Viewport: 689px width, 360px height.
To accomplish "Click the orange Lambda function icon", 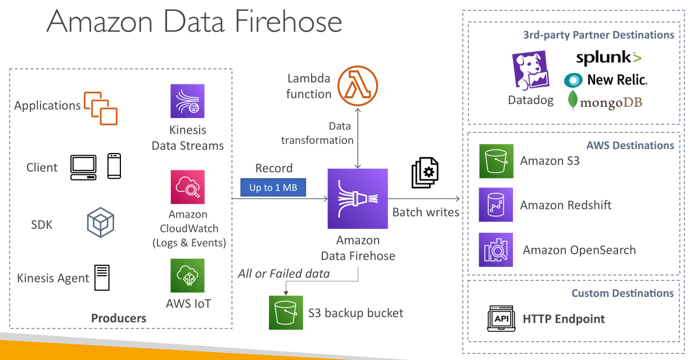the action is click(357, 86).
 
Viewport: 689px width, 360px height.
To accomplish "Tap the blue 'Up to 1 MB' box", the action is click(273, 187).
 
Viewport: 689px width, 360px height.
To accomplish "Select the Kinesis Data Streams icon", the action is click(188, 101).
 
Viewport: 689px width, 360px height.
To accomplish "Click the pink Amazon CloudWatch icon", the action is click(188, 187).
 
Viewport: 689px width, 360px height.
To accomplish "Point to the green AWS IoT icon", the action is click(188, 276).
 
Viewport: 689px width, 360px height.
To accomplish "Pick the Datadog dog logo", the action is click(531, 70).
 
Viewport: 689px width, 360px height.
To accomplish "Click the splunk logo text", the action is click(609, 57).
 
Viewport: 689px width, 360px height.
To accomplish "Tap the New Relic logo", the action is click(606, 80).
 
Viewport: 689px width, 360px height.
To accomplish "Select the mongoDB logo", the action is click(605, 101).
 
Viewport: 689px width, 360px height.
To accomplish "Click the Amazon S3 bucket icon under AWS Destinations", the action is click(496, 161).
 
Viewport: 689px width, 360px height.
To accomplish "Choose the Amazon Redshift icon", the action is click(496, 205).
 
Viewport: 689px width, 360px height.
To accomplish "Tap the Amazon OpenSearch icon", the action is click(496, 250).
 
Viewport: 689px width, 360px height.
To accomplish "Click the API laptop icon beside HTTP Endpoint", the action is click(501, 318).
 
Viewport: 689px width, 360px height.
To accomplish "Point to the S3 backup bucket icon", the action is click(286, 313).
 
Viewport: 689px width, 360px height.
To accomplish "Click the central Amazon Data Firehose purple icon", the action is click(358, 199).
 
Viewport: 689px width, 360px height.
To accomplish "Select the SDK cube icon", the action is click(101, 222).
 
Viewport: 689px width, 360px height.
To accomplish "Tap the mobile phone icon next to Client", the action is click(114, 166).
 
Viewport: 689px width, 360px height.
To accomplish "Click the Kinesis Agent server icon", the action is click(102, 277).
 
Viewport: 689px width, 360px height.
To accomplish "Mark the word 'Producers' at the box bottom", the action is click(119, 318).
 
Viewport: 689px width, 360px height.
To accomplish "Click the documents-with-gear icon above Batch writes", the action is click(425, 173).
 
